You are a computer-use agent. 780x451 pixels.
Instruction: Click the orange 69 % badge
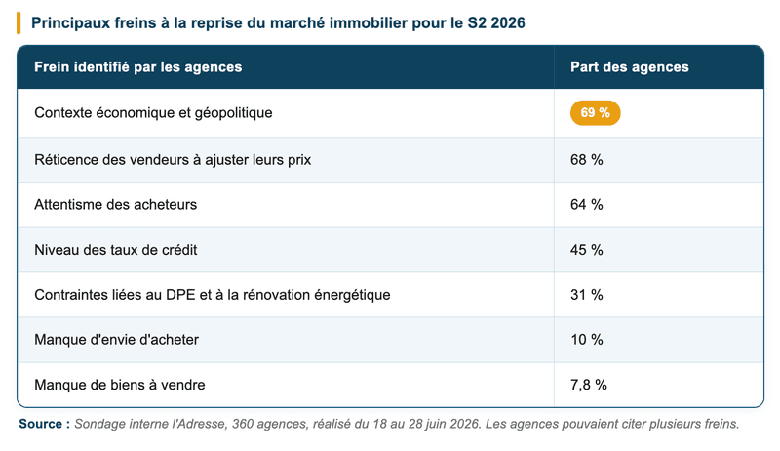[595, 113]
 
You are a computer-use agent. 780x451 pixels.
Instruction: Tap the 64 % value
[587, 205]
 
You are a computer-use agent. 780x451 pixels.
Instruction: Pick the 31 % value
[587, 295]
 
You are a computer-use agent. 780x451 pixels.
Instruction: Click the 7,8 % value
[589, 385]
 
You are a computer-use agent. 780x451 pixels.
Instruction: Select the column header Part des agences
[629, 67]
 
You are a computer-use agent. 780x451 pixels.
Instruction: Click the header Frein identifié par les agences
[138, 67]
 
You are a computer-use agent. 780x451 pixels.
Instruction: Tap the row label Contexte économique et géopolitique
[153, 113]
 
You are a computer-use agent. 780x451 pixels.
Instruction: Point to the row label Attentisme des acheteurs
[115, 205]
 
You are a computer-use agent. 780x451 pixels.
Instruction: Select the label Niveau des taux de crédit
[115, 250]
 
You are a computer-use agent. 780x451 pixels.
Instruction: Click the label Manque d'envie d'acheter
[116, 340]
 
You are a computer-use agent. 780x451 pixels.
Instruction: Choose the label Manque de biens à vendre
[119, 385]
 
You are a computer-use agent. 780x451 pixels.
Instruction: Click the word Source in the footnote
[41, 424]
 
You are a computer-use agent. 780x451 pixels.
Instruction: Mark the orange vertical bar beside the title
[19, 22]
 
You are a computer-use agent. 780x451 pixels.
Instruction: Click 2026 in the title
[508, 22]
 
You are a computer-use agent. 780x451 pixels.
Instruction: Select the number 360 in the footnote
[242, 424]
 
